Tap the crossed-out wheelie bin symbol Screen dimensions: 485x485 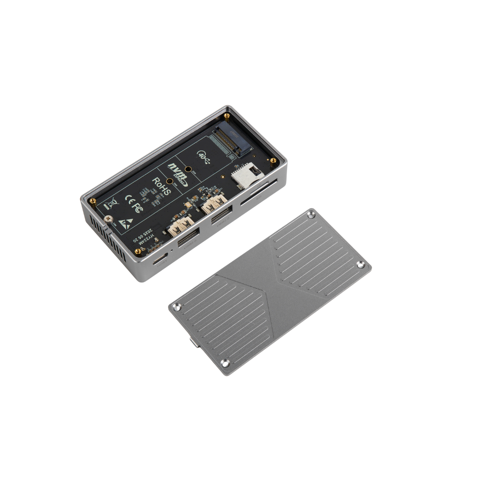tap(112, 203)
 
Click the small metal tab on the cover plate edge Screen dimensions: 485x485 tap(194, 344)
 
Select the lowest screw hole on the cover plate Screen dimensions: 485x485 tap(225, 363)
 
